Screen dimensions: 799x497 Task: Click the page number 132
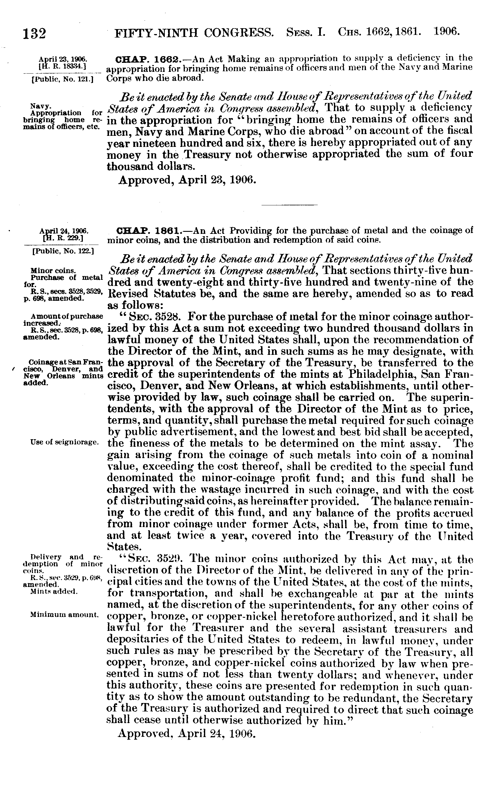(34, 33)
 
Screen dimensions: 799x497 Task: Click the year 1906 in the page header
(446, 32)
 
